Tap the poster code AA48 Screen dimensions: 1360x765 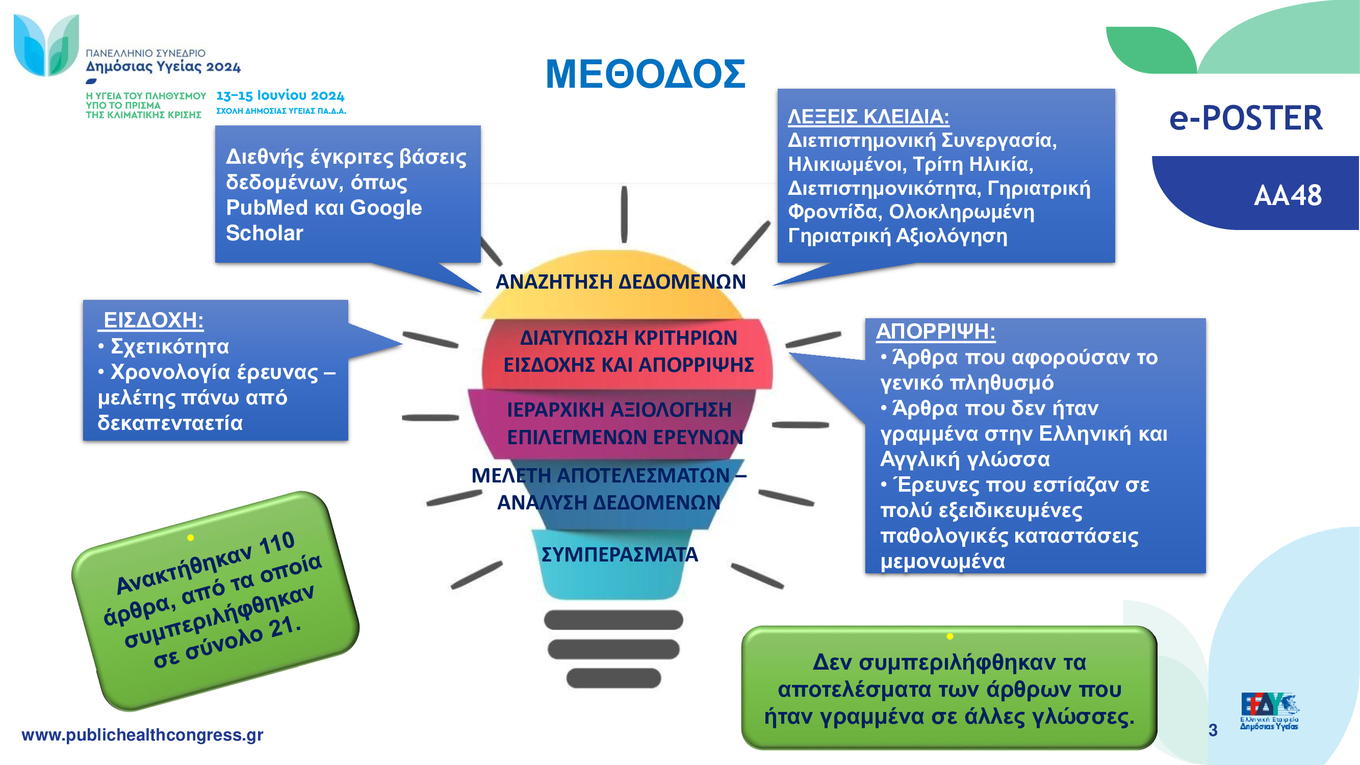(x=1288, y=195)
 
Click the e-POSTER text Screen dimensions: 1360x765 (x=1246, y=118)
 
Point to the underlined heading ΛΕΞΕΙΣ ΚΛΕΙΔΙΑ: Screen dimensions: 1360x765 (x=868, y=117)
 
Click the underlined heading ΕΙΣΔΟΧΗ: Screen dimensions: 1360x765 (x=152, y=320)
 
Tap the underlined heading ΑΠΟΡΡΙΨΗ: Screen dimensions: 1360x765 (x=936, y=331)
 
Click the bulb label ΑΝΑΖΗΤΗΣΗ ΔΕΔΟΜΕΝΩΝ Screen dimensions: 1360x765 (x=621, y=282)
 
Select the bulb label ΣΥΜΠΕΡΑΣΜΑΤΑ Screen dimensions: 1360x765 (x=619, y=554)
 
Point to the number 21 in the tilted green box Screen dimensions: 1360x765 (x=285, y=627)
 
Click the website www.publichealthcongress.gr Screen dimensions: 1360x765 (x=142, y=735)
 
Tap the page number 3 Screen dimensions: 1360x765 (x=1213, y=730)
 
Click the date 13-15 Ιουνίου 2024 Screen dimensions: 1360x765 (x=280, y=95)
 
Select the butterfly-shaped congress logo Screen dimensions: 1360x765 (x=46, y=45)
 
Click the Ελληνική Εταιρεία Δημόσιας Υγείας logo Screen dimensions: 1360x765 (x=1269, y=711)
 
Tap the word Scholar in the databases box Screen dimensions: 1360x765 (x=265, y=234)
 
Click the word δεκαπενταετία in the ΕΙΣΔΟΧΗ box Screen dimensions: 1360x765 (x=170, y=423)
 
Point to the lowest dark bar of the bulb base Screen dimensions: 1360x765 (x=613, y=678)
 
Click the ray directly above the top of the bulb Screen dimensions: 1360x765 (x=624, y=214)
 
